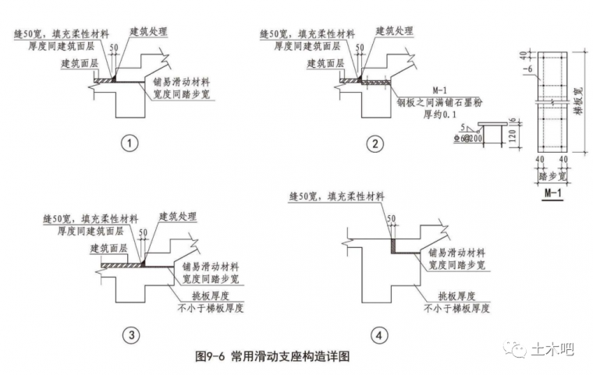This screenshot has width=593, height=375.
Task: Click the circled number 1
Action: [x=130, y=143]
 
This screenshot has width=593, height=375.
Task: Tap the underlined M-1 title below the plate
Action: [x=554, y=192]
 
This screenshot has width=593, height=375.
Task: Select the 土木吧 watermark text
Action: [x=552, y=348]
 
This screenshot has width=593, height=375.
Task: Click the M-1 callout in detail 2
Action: [x=431, y=90]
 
